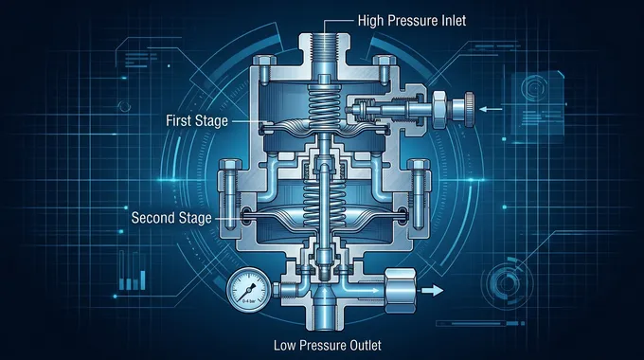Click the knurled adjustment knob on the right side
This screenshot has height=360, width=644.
click(467, 110)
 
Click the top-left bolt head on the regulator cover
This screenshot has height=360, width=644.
click(263, 65)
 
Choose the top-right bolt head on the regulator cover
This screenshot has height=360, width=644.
click(382, 65)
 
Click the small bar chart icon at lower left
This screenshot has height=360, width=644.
click(135, 279)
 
